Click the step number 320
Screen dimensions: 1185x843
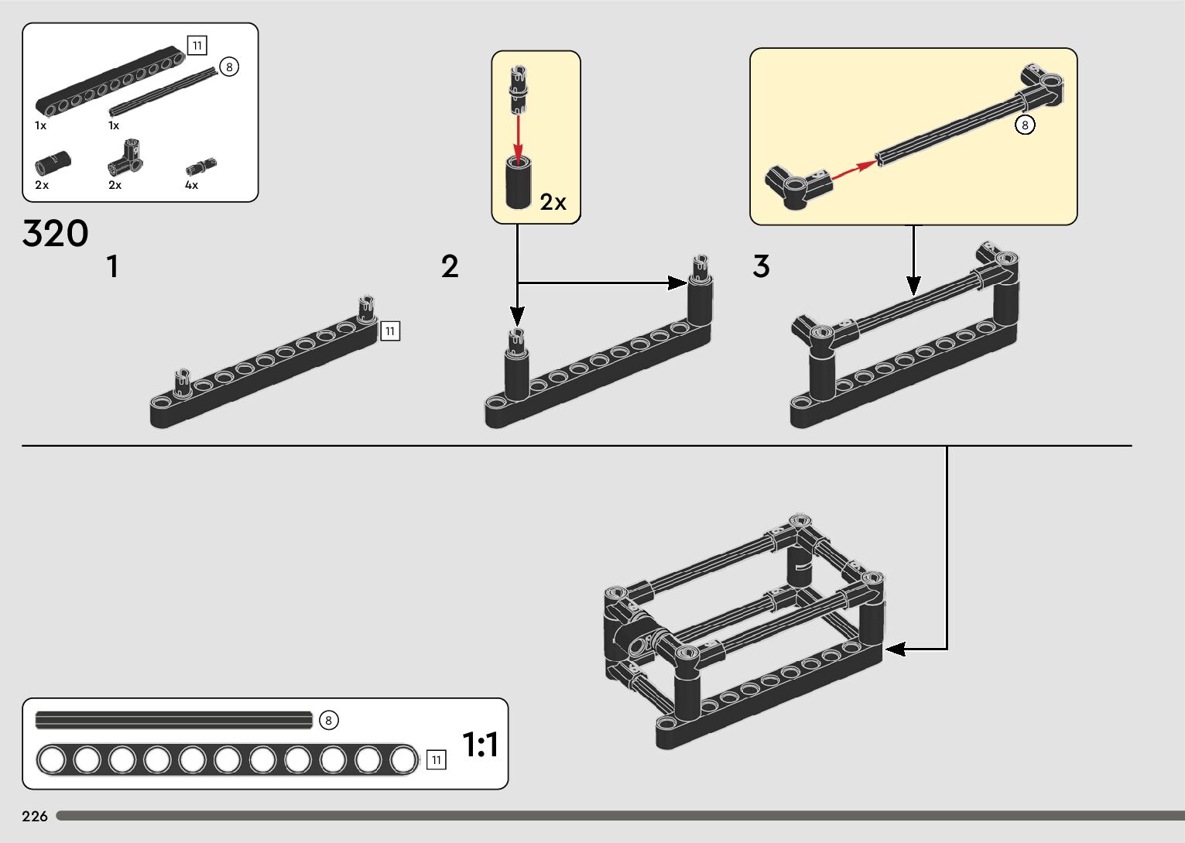click(x=56, y=234)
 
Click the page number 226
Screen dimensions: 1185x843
click(x=35, y=817)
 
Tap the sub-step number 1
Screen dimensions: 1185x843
click(x=113, y=267)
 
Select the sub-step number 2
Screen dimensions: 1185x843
click(x=450, y=267)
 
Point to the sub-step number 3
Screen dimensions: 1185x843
click(x=761, y=267)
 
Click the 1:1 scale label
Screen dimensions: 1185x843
click(x=480, y=745)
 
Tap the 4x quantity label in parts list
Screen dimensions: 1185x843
click(x=191, y=186)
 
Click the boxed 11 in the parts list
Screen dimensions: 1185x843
click(x=197, y=46)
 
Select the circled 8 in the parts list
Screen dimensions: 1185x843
click(x=229, y=67)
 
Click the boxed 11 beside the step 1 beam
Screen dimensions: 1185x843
click(x=390, y=331)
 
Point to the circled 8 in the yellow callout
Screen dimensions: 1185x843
click(x=1025, y=125)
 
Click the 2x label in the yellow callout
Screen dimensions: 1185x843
click(x=553, y=203)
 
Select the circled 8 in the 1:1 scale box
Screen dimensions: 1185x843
click(x=328, y=721)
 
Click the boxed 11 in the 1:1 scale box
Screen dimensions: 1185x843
click(x=437, y=760)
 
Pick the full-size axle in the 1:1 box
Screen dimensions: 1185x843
click(x=174, y=721)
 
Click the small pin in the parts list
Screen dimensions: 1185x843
click(x=200, y=166)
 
